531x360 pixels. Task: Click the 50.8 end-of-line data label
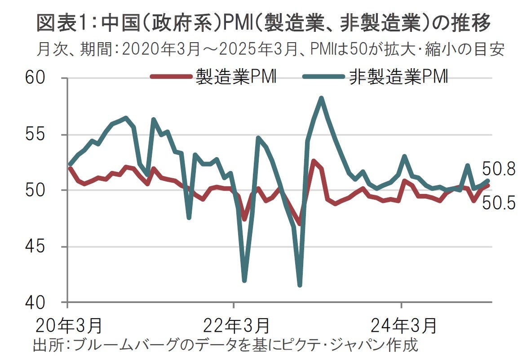point(499,170)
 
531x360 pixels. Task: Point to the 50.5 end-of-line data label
point(499,204)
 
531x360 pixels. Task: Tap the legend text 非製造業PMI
point(398,77)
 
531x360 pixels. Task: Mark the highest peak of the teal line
point(321,98)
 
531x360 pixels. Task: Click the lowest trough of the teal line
point(300,285)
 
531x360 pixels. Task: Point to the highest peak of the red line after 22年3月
point(314,161)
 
